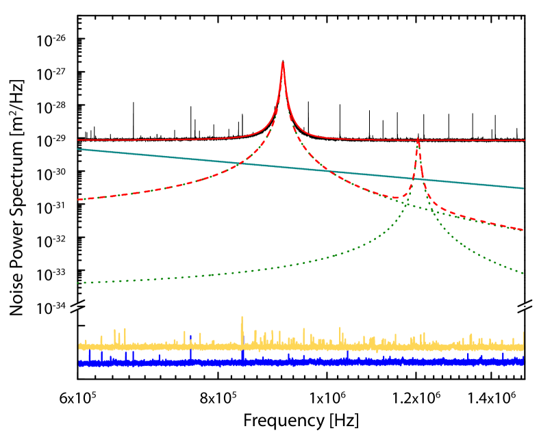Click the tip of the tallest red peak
(x=283, y=62)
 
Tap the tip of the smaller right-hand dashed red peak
(x=418, y=140)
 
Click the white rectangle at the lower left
(x=46, y=351)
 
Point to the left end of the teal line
(x=78, y=149)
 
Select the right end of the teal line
(x=523, y=188)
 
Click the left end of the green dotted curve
(x=78, y=283)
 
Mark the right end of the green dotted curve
(x=524, y=274)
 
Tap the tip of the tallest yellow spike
(x=242, y=317)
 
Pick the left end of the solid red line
(x=78, y=140)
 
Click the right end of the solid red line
(x=525, y=140)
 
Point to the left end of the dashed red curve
(x=78, y=200)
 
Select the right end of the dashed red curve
(x=523, y=230)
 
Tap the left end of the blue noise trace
(x=79, y=363)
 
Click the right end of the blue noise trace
(x=523, y=361)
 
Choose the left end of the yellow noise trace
(x=79, y=347)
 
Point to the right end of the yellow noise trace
(x=523, y=346)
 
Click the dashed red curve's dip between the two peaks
(x=396, y=198)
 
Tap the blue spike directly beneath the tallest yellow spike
(x=242, y=354)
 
